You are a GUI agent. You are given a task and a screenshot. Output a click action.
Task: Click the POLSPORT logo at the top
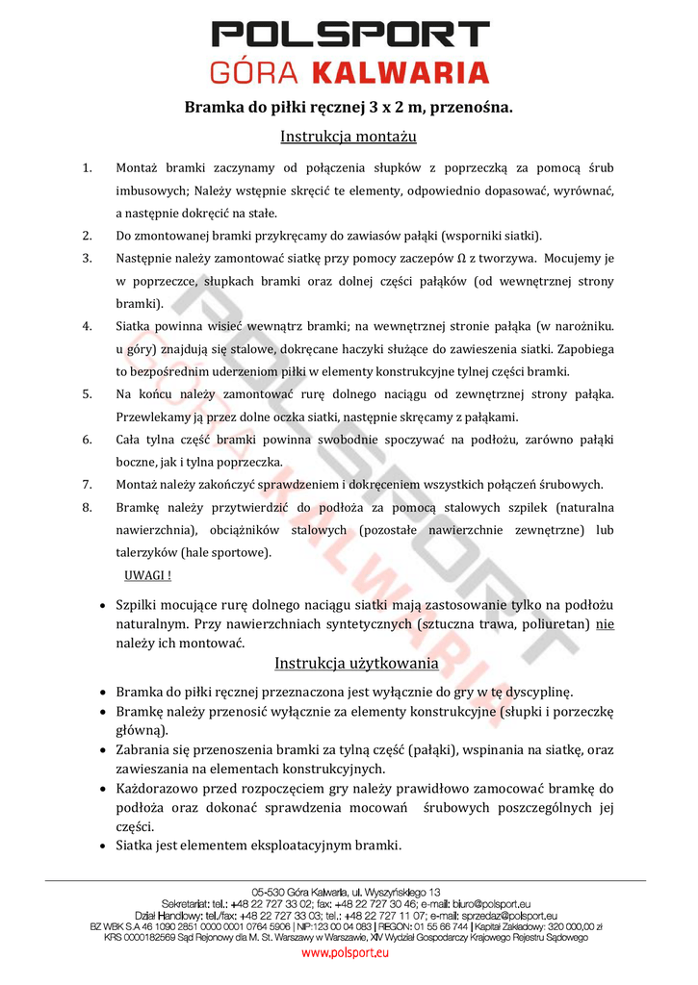click(x=349, y=36)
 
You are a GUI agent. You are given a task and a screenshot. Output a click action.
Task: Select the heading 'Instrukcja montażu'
click(x=349, y=137)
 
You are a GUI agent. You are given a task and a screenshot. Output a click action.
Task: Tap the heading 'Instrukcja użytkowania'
click(x=357, y=664)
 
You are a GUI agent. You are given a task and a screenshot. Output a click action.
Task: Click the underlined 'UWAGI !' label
click(x=148, y=575)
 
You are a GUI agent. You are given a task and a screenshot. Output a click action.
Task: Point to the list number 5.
click(x=87, y=394)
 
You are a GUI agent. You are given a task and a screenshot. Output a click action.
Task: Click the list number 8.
click(x=87, y=507)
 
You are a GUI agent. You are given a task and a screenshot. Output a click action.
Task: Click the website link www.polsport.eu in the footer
click(x=346, y=953)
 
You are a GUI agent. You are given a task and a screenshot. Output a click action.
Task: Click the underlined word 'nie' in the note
click(x=605, y=624)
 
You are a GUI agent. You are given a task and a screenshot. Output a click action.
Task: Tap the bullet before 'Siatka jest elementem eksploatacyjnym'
click(x=104, y=846)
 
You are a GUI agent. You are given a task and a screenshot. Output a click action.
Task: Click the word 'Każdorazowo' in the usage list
click(x=160, y=788)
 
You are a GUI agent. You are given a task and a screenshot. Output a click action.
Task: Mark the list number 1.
click(x=87, y=168)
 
